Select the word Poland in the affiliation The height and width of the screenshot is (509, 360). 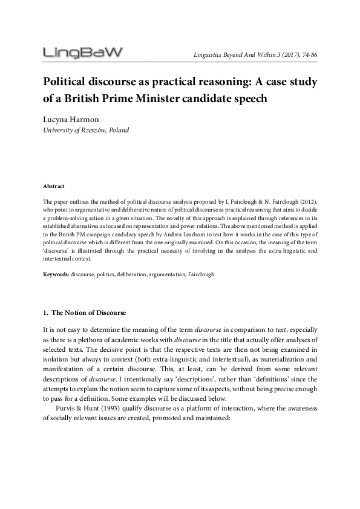pos(117,130)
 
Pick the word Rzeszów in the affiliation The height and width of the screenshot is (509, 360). pos(90,130)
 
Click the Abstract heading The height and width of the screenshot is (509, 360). pos(54,186)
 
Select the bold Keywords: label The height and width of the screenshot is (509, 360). pos(56,274)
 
